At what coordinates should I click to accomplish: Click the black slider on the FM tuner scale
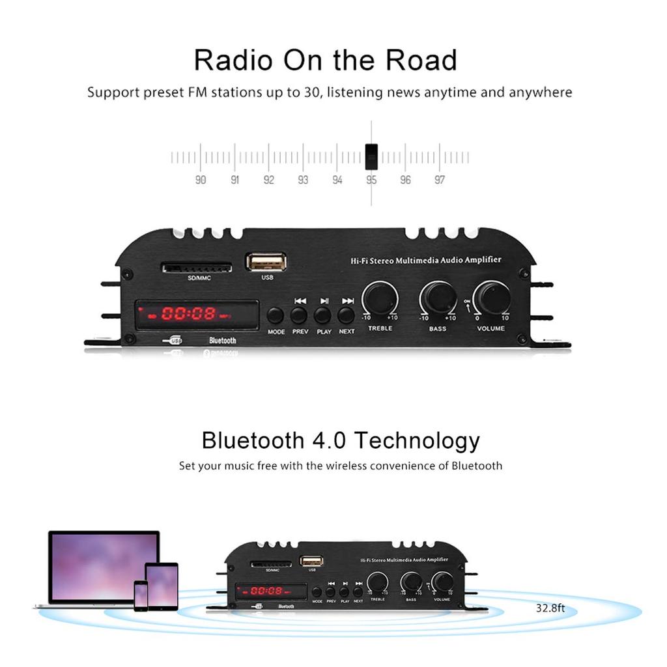[371, 156]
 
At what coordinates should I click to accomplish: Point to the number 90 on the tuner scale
[201, 180]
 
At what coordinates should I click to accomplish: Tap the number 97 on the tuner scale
[440, 180]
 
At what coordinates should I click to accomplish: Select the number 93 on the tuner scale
[303, 180]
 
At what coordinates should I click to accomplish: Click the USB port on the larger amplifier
[266, 262]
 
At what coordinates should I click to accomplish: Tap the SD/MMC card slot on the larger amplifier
[197, 268]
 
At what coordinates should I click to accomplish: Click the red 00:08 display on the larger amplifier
[189, 314]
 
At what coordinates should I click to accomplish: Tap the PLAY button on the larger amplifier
[323, 315]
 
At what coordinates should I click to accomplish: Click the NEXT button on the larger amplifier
[347, 315]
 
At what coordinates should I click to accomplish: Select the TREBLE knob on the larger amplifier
[380, 298]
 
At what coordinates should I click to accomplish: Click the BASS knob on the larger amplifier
[438, 298]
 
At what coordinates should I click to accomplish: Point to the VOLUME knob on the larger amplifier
[492, 298]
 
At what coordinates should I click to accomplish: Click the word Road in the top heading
[422, 60]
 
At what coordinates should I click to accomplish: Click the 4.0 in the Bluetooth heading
[327, 440]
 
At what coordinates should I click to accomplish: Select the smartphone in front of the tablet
[141, 595]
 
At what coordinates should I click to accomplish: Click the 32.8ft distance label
[550, 609]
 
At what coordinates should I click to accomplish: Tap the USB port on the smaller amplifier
[311, 561]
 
